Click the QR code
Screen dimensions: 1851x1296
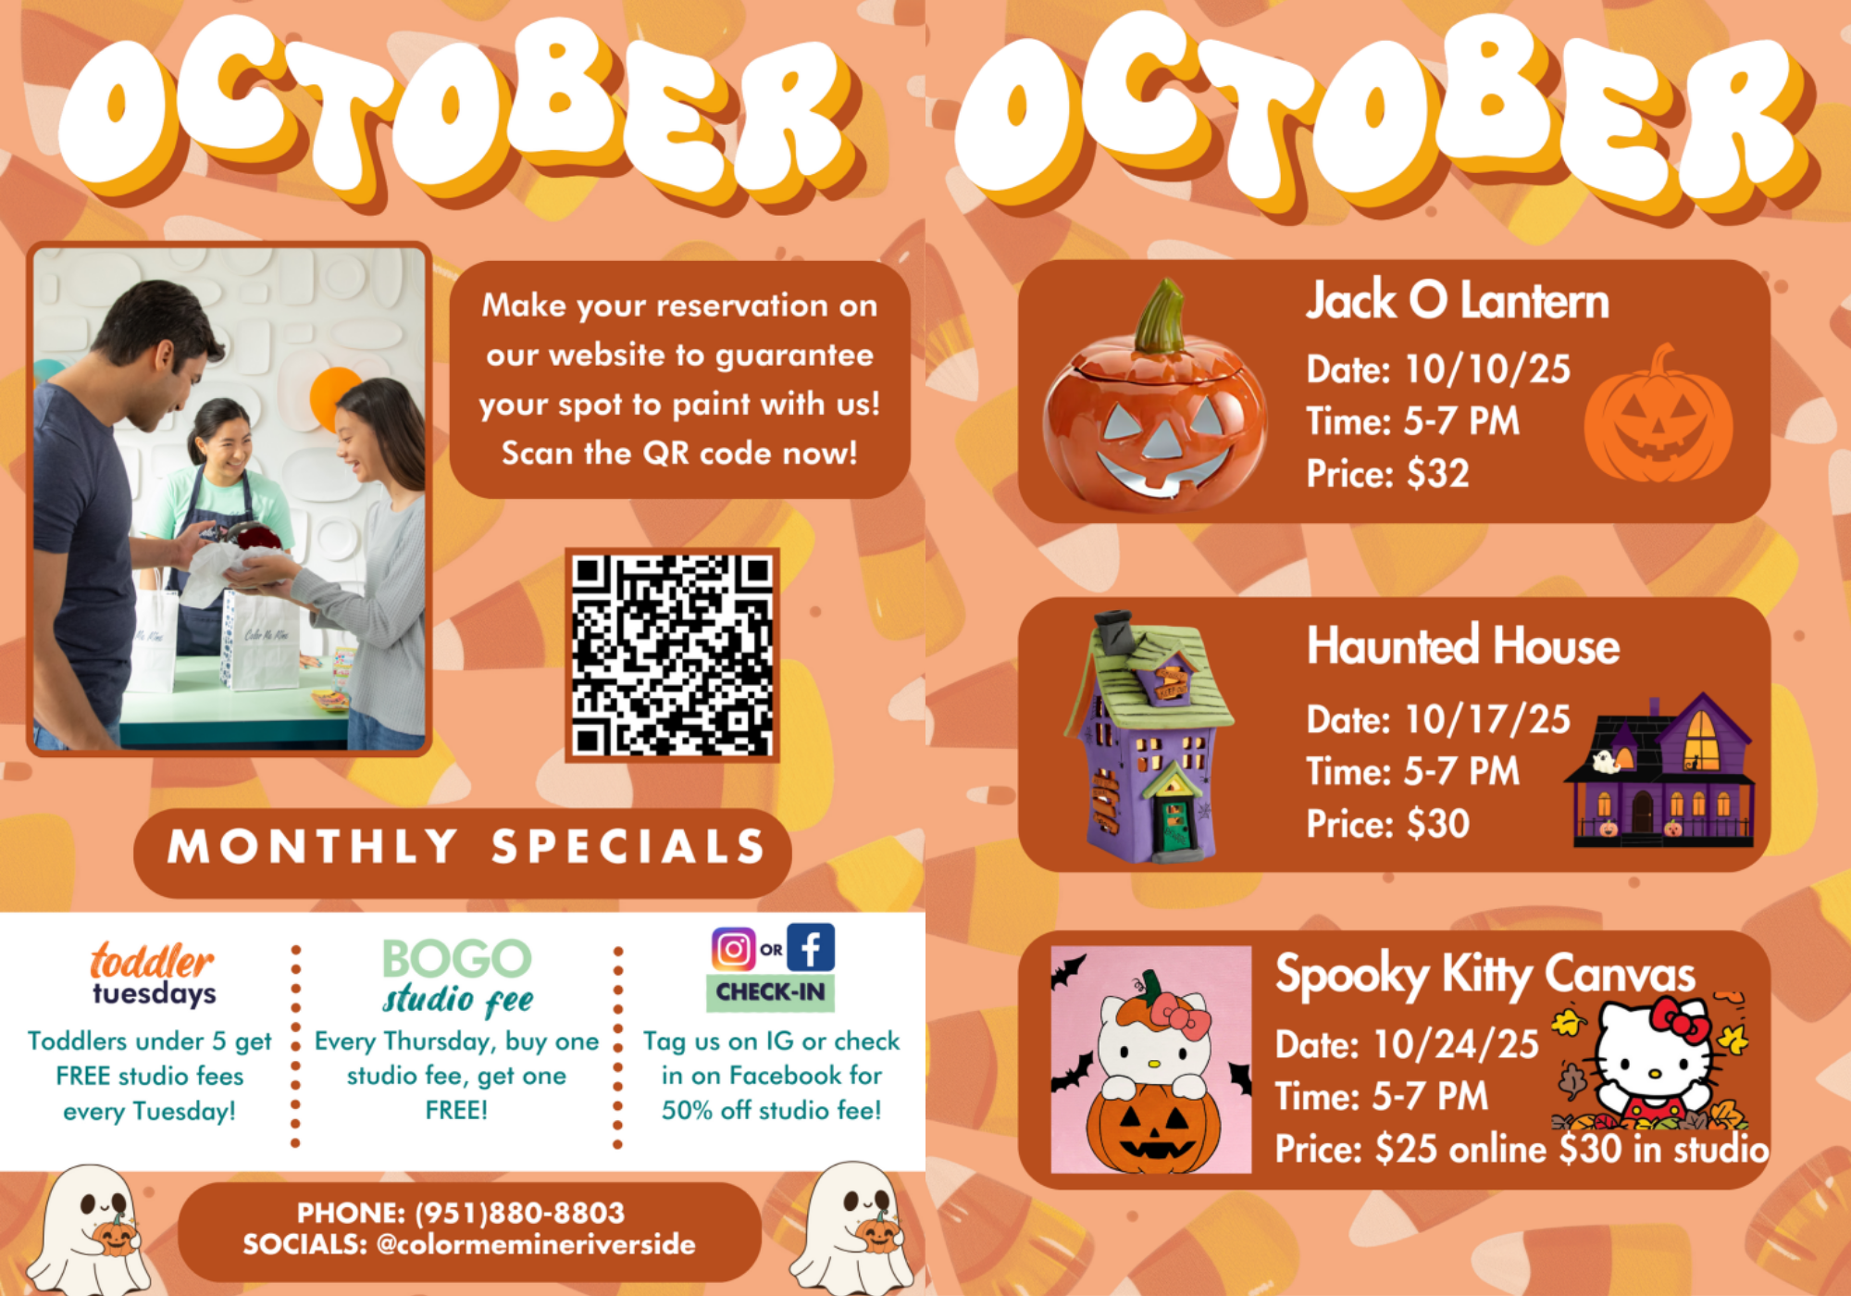[672, 654]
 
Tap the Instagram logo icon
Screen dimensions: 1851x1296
[733, 948]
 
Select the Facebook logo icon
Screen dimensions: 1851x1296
[811, 948]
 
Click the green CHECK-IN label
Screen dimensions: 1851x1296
[770, 992]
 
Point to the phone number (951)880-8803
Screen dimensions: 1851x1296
[519, 1213]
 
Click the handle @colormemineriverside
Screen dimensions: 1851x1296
[536, 1244]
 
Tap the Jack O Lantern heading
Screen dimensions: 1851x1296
[1458, 301]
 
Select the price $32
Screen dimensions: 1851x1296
[1437, 474]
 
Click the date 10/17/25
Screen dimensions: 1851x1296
[1487, 719]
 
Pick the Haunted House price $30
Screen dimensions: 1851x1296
[1437, 824]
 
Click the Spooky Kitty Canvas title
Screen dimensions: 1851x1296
[1485, 975]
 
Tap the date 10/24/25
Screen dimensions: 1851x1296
[1456, 1044]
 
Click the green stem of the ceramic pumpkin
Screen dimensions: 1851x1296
[1161, 317]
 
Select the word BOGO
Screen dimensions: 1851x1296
[457, 959]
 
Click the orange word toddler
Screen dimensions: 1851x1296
[152, 961]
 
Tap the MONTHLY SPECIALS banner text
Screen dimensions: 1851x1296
[466, 847]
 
